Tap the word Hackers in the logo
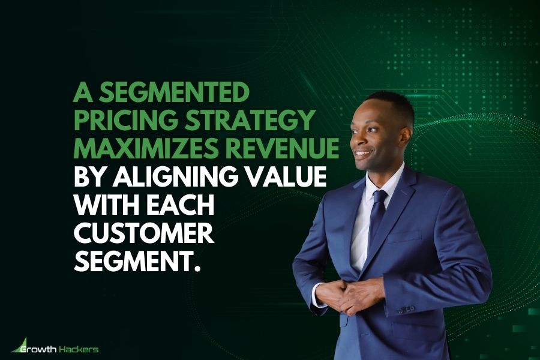pyautogui.click(x=79, y=349)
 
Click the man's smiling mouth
pyautogui.click(x=362, y=154)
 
